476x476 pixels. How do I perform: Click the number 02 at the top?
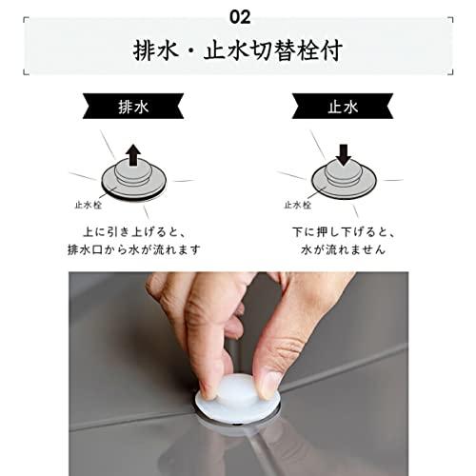point(239,16)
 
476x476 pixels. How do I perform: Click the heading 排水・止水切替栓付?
point(238,50)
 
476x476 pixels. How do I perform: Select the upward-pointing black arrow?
point(132,152)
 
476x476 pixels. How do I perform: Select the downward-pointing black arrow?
point(344,152)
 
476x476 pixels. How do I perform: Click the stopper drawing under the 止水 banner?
point(344,177)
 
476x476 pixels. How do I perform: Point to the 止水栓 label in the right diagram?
point(298,204)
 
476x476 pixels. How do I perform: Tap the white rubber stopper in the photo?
point(234,395)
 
